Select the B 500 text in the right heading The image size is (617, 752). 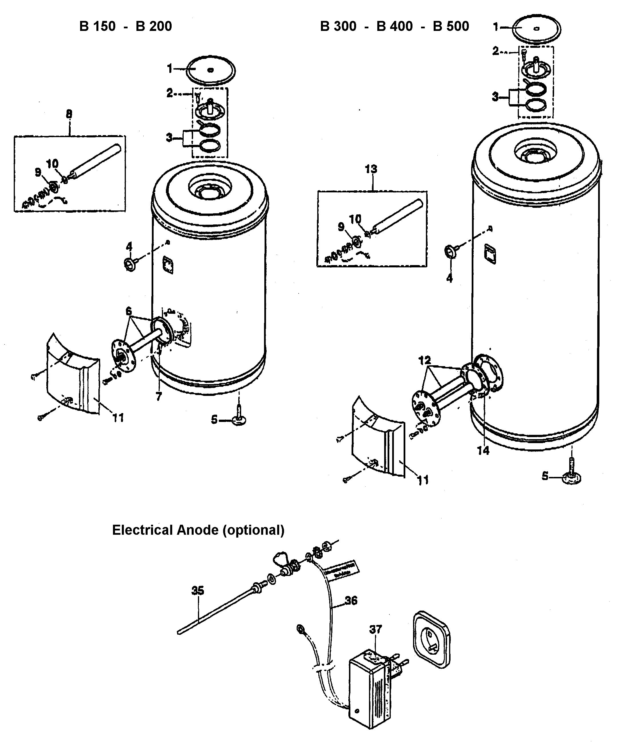pyautogui.click(x=451, y=26)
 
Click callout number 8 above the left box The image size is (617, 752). pyautogui.click(x=69, y=114)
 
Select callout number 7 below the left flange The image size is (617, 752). pyautogui.click(x=158, y=396)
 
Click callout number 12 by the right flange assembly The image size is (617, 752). pyautogui.click(x=425, y=360)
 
